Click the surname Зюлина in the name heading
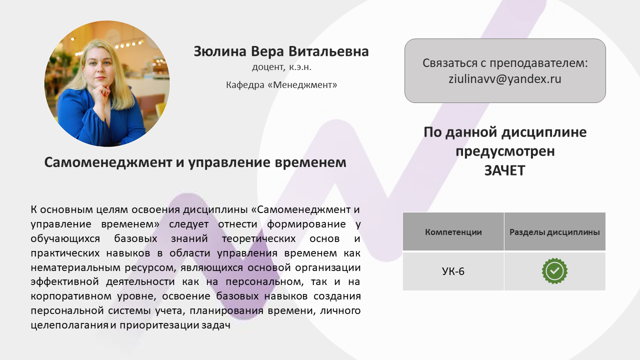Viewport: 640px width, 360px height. (x=219, y=51)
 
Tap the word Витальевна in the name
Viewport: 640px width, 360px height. (x=328, y=51)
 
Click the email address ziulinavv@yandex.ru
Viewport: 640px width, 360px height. (x=505, y=79)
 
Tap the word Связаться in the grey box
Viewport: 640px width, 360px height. (x=449, y=63)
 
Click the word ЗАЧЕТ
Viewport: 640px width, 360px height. (x=505, y=170)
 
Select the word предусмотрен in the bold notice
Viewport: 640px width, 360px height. (x=505, y=151)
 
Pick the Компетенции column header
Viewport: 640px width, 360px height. (x=453, y=232)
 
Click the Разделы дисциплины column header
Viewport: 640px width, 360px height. (x=554, y=232)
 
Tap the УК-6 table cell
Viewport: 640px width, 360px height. (x=453, y=271)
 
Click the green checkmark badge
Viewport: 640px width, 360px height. (x=554, y=271)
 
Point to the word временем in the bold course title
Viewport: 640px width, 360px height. (x=310, y=162)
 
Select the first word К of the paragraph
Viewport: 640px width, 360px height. (x=33, y=209)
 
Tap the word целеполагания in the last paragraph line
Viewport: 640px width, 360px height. (x=69, y=325)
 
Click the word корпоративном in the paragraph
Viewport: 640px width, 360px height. (x=71, y=296)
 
